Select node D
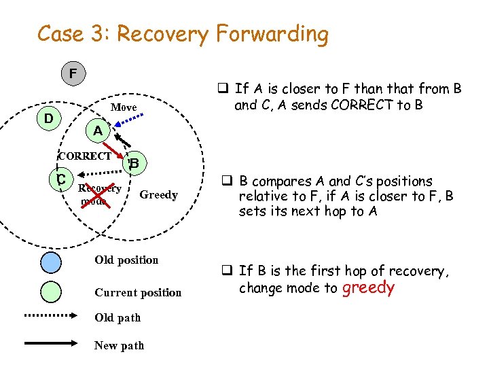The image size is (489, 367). click(49, 119)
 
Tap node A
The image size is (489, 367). click(98, 130)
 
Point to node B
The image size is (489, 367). click(134, 162)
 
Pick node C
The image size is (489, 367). click(61, 179)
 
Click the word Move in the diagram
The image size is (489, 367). click(124, 107)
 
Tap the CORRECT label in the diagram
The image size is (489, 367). click(84, 156)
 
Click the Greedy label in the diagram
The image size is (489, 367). click(158, 195)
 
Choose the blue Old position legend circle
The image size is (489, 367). click(52, 262)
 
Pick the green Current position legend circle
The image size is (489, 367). click(52, 294)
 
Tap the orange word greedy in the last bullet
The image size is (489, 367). click(368, 287)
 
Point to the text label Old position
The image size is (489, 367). click(126, 260)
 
